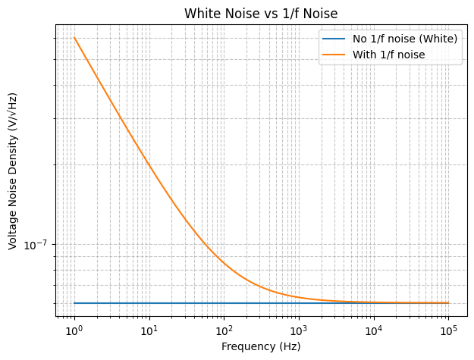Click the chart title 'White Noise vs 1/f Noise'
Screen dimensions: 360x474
pyautogui.click(x=261, y=13)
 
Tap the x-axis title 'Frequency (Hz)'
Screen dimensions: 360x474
pyautogui.click(x=261, y=346)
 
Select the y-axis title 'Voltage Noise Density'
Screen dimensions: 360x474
pyautogui.click(x=13, y=171)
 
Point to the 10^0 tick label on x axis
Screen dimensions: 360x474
pyautogui.click(x=74, y=331)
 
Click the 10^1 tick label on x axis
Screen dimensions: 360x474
pyautogui.click(x=149, y=331)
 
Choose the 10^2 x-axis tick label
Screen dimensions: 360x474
pyautogui.click(x=224, y=331)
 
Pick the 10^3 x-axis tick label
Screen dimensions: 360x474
pyautogui.click(x=299, y=331)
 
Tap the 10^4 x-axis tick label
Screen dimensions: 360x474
pyautogui.click(x=373, y=331)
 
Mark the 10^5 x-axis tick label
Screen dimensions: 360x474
pyautogui.click(x=448, y=331)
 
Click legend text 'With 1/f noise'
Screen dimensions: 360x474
pyautogui.click(x=388, y=55)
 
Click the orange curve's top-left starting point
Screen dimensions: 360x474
pyautogui.click(x=74, y=38)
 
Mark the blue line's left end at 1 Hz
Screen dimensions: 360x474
pyautogui.click(x=74, y=303)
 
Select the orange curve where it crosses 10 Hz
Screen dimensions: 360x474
pyautogui.click(x=149, y=166)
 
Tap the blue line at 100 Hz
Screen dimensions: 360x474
pyautogui.click(x=224, y=303)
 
